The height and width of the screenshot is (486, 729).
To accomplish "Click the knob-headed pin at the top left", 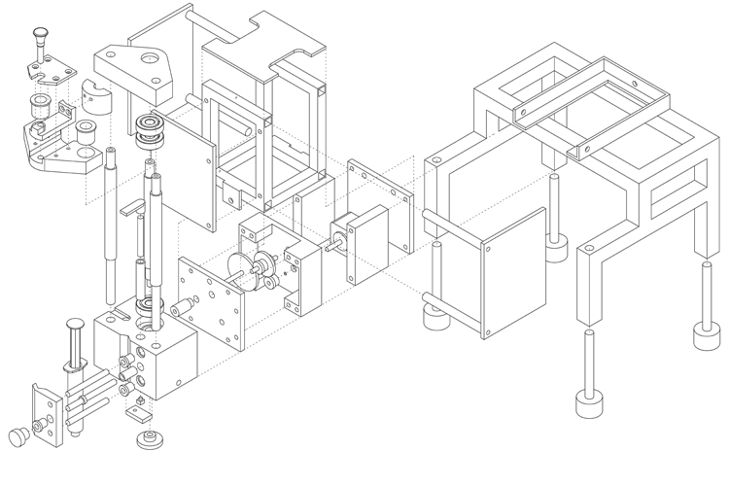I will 39,38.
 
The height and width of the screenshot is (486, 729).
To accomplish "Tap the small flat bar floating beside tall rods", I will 130,207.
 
